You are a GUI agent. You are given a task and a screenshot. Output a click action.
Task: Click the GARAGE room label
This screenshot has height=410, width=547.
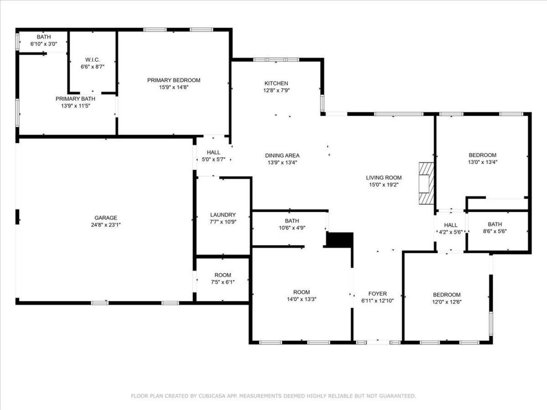coord(106,218)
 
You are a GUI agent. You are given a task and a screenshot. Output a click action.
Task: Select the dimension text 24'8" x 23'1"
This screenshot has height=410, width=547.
coord(106,225)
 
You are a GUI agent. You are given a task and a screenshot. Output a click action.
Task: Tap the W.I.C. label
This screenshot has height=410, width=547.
coord(93,60)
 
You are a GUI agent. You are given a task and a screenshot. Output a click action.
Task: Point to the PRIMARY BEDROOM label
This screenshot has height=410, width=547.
coord(174,80)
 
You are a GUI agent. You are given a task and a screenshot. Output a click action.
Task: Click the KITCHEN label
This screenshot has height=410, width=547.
coord(276,83)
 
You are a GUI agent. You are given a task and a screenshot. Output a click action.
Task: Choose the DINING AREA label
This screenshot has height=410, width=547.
coord(282,156)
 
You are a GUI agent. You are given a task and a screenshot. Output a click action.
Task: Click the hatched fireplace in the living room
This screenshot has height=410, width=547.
coord(426,184)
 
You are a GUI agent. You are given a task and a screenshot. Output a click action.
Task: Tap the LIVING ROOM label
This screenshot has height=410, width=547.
coord(384,178)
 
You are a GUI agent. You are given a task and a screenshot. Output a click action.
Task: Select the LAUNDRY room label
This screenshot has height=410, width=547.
coord(223,215)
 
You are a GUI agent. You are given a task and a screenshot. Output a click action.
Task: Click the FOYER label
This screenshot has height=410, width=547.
coord(377,294)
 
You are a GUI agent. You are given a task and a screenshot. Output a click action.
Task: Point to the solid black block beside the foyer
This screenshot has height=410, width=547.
coord(340,239)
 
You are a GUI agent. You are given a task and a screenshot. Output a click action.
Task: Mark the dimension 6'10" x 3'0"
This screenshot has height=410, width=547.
coord(43,44)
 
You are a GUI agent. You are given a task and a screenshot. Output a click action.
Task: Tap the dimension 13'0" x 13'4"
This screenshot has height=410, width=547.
coord(482,162)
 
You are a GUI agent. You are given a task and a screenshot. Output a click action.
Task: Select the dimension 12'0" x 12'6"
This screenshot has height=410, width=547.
coord(447,302)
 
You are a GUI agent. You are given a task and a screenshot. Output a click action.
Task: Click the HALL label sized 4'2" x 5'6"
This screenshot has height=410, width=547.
coord(450,225)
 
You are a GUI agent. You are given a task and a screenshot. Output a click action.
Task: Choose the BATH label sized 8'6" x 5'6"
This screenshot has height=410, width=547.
coord(495,224)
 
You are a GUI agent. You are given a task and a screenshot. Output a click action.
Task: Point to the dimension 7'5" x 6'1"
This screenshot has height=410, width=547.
coord(223,282)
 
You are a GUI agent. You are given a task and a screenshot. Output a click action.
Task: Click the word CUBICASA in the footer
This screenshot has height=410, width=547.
coord(212,396)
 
